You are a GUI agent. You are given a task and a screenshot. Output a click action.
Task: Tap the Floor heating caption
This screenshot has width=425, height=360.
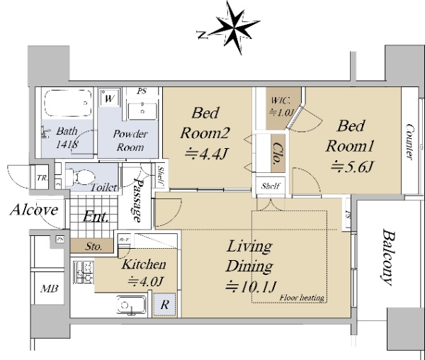(302, 298)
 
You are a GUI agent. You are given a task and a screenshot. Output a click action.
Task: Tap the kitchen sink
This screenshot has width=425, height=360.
(131, 306)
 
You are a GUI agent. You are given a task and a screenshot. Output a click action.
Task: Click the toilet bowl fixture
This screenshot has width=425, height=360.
(79, 175)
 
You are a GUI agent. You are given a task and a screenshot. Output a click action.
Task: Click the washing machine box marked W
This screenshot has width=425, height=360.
(109, 100)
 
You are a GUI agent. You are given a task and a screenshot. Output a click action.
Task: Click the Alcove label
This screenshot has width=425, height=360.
(33, 210)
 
